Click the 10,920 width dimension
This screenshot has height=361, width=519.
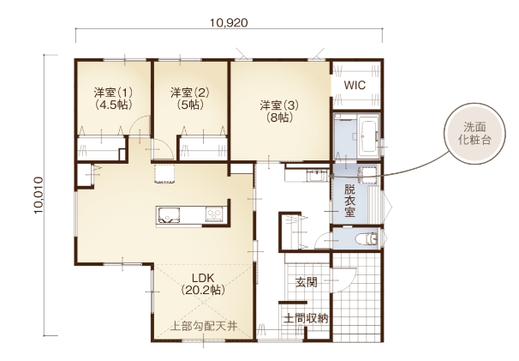click(x=229, y=22)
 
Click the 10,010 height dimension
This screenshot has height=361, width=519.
click(x=39, y=196)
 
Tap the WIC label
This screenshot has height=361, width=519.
click(x=355, y=85)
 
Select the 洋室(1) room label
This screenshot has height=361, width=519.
click(x=114, y=92)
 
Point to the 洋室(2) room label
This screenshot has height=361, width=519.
click(x=190, y=92)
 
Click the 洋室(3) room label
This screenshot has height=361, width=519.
click(x=279, y=105)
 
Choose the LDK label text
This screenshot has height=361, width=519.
click(x=203, y=278)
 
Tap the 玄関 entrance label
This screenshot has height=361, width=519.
click(x=307, y=282)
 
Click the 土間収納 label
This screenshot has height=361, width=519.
click(x=306, y=318)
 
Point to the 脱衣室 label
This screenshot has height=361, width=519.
click(x=349, y=201)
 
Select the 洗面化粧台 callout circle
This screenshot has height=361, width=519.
click(x=474, y=134)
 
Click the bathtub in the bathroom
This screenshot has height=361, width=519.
click(x=368, y=136)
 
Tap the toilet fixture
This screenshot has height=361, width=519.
click(x=366, y=238)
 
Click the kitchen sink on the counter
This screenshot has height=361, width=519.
click(x=169, y=215)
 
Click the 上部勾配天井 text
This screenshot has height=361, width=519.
click(x=204, y=327)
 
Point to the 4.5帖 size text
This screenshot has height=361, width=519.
click(x=114, y=105)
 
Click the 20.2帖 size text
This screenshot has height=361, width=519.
click(x=203, y=291)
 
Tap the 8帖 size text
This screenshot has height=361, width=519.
click(x=279, y=117)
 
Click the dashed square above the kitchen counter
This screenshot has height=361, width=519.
click(x=164, y=173)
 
